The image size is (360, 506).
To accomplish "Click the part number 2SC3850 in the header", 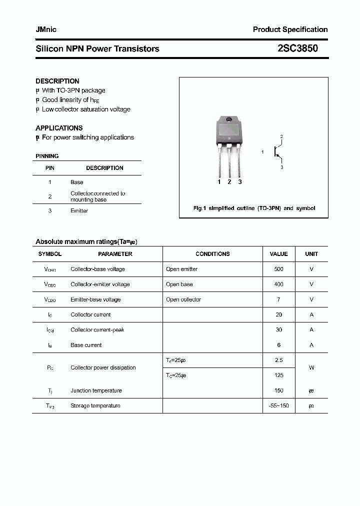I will [x=297, y=48].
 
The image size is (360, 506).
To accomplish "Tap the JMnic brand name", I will [x=46, y=29].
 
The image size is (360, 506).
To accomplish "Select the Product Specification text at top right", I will [x=290, y=29].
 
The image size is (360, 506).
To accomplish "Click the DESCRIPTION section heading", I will [x=57, y=81].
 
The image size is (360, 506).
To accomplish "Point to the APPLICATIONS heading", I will [x=59, y=128].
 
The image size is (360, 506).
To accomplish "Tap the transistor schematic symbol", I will [x=276, y=151].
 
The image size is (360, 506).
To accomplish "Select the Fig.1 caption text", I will [x=254, y=208].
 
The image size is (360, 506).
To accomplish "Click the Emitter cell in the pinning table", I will [x=79, y=211].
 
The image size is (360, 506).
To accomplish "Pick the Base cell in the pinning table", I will [x=76, y=182].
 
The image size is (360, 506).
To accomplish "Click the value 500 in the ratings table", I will [x=278, y=269].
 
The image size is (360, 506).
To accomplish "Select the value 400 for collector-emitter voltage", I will [x=278, y=284].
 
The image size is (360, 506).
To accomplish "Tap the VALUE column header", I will [x=278, y=254].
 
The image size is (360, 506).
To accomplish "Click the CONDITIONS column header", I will [x=212, y=254].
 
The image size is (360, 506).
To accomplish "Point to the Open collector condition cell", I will [x=183, y=299].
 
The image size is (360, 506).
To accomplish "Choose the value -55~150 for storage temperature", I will [x=278, y=405].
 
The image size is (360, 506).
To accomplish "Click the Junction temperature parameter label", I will [x=96, y=390].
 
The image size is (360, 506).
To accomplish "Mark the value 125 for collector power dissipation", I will [x=278, y=375].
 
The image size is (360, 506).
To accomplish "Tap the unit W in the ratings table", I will [x=311, y=367].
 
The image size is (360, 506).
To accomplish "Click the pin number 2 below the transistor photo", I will [x=229, y=182].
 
